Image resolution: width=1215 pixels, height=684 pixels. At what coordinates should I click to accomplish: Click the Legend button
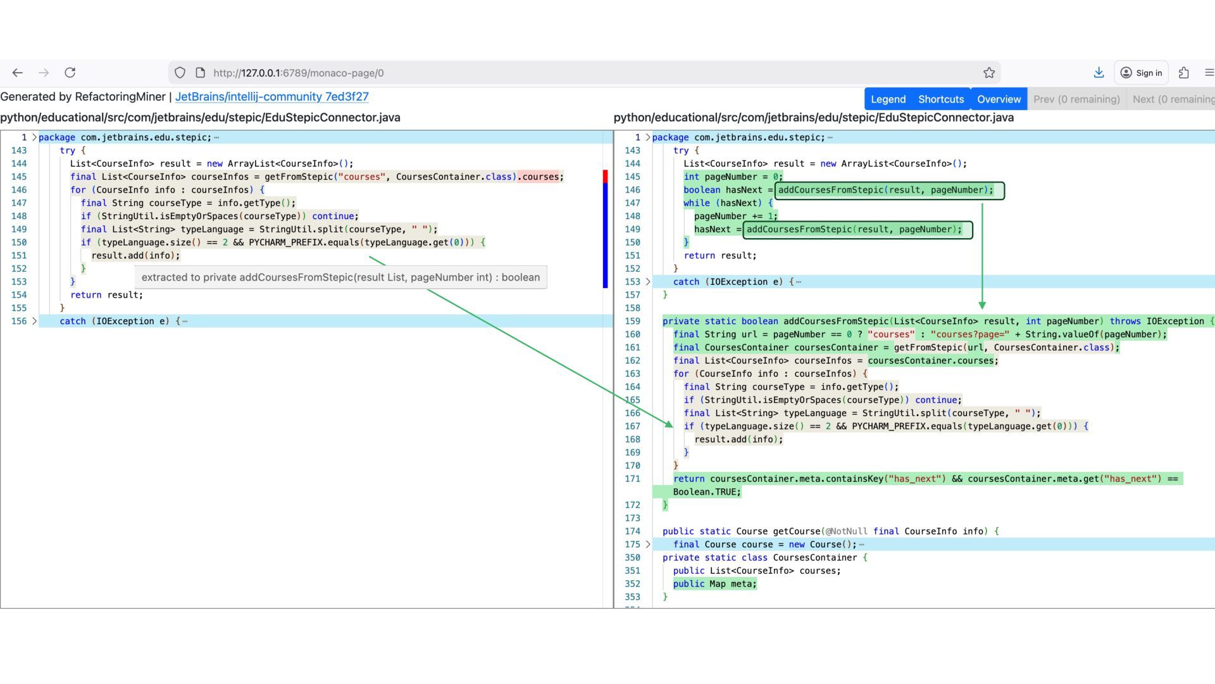point(888,99)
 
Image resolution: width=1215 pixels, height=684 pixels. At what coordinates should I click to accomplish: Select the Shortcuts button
point(941,99)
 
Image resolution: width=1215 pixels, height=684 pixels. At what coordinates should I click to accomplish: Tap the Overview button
point(999,99)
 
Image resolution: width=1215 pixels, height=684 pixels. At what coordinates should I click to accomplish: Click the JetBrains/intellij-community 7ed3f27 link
point(271,97)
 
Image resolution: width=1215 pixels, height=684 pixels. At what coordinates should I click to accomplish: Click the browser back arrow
point(18,73)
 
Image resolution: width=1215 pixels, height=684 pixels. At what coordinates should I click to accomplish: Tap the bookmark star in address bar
point(989,73)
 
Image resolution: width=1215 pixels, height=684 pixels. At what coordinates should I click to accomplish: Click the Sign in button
point(1142,73)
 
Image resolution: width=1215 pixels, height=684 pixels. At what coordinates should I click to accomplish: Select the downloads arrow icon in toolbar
point(1099,73)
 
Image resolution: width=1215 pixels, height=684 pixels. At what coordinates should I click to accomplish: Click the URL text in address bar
point(299,73)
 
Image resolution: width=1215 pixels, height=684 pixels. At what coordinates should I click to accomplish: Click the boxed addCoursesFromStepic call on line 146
point(890,190)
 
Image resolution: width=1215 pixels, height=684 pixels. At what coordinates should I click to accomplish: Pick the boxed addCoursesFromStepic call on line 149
point(857,229)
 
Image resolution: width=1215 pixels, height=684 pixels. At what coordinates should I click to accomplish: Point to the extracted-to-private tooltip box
point(340,277)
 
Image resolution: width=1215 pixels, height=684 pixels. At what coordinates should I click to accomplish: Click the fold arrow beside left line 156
point(35,321)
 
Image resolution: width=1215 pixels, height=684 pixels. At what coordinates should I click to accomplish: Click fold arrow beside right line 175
point(648,545)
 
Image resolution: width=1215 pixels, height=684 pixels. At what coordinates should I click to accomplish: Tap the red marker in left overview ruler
point(605,177)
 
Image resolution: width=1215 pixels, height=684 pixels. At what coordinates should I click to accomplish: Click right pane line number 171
point(632,479)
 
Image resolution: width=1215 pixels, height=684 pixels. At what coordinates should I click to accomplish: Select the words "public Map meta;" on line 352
point(714,584)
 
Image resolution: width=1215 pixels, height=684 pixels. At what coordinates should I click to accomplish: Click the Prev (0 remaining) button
point(1076,99)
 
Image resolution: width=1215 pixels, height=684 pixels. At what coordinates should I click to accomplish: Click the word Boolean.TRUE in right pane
point(706,492)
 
